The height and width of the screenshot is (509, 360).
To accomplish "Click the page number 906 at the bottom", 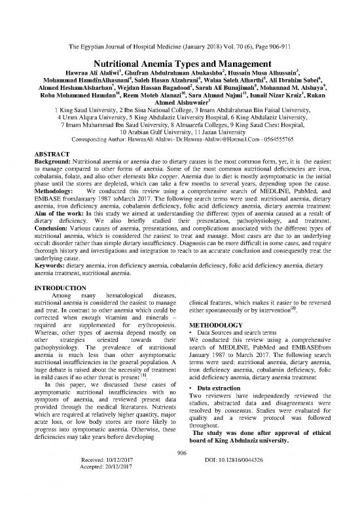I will click(x=180, y=480).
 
